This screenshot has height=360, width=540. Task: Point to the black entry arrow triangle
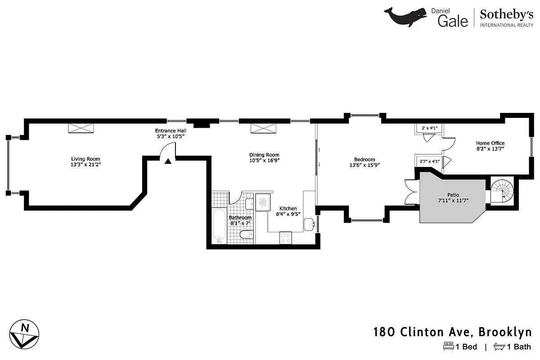[x=168, y=161]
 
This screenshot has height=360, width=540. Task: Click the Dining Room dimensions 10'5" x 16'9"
[x=268, y=161]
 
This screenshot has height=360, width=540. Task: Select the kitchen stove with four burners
[x=285, y=238]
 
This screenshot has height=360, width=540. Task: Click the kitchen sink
[x=309, y=224]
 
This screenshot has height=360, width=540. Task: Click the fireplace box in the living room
[x=81, y=128]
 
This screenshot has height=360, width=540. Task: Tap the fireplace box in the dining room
[x=264, y=128]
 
